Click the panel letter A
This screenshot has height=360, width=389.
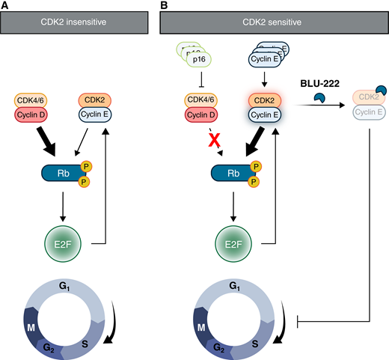tap(5, 5)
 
